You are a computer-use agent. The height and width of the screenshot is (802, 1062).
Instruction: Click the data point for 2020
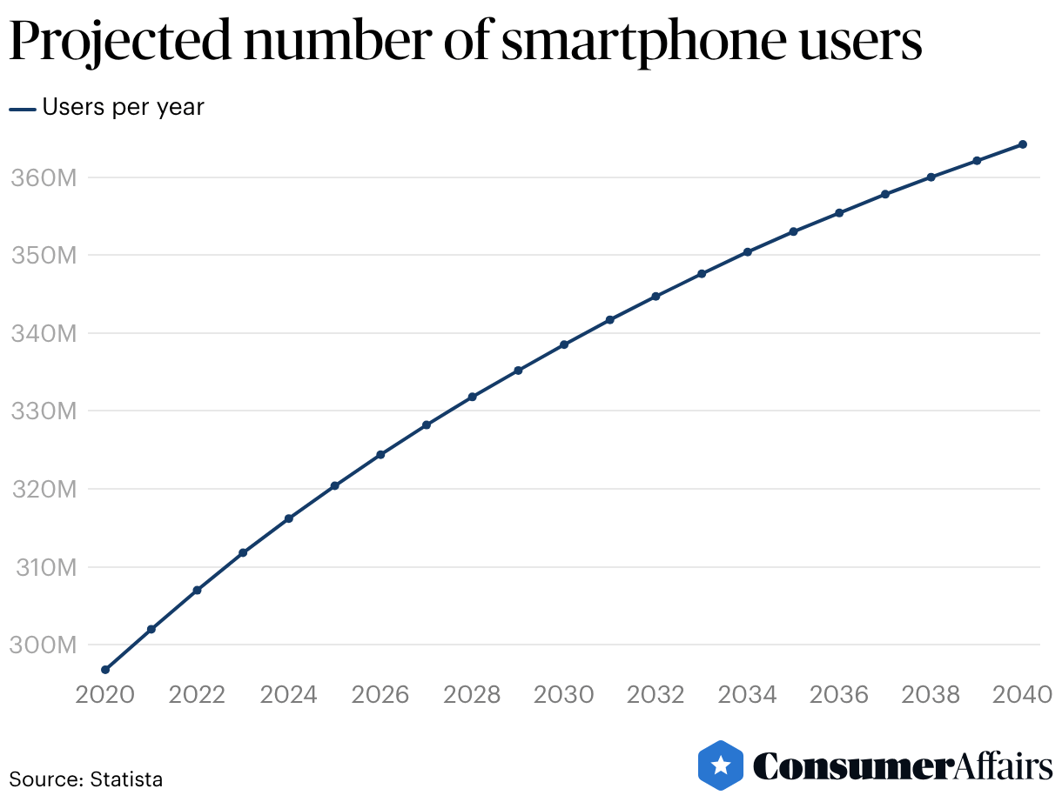pyautogui.click(x=105, y=670)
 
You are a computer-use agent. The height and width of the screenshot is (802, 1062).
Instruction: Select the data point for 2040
pyautogui.click(x=1023, y=144)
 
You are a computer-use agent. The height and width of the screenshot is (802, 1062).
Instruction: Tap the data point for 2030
pyautogui.click(x=564, y=344)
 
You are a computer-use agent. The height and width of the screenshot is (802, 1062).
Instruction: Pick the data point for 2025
pyautogui.click(x=334, y=485)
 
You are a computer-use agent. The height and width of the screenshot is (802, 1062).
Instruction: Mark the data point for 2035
pyautogui.click(x=793, y=231)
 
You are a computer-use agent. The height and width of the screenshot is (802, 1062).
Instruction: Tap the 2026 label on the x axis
pyautogui.click(x=380, y=695)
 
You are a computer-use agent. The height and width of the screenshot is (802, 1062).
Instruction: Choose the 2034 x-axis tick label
pyautogui.click(x=748, y=695)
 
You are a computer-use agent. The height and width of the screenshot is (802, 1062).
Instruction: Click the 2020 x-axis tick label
pyautogui.click(x=105, y=695)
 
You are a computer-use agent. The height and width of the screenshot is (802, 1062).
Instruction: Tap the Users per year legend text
pyautogui.click(x=123, y=107)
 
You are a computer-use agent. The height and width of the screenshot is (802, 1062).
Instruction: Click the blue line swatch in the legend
pyautogui.click(x=23, y=109)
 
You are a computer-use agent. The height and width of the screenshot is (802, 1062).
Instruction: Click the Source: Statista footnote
pyautogui.click(x=85, y=779)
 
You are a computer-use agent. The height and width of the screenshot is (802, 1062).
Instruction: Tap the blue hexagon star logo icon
pyautogui.click(x=721, y=765)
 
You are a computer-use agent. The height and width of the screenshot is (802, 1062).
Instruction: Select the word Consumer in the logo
pyautogui.click(x=850, y=766)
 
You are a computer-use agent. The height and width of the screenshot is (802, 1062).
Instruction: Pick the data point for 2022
pyautogui.click(x=197, y=590)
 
